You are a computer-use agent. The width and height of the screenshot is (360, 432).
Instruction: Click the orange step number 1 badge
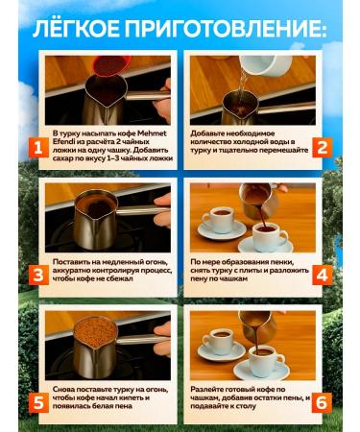point(36,148)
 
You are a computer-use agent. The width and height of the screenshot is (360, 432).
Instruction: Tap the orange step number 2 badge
point(323,148)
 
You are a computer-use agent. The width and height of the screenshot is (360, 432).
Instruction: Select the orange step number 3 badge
point(36,276)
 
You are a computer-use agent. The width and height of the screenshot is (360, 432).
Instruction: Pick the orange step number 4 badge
point(323,276)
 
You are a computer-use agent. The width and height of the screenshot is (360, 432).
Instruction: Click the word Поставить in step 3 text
point(76,261)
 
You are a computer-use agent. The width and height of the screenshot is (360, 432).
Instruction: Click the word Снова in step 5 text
point(68,387)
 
